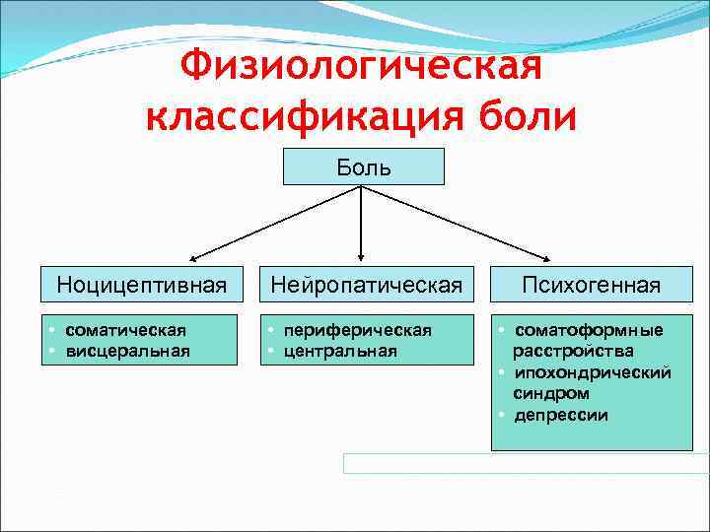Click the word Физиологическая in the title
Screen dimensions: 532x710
click(x=362, y=68)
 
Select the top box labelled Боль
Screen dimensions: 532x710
click(x=364, y=166)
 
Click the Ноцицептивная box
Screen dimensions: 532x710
click(x=142, y=286)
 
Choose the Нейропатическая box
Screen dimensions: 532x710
click(x=366, y=286)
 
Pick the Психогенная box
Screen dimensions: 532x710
click(x=591, y=286)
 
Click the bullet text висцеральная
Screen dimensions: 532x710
click(x=127, y=350)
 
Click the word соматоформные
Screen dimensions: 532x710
click(x=589, y=330)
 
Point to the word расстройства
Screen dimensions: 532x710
click(x=573, y=351)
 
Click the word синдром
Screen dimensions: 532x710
click(x=545, y=393)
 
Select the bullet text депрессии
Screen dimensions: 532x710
click(x=560, y=415)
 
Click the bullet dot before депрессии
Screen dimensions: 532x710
click(x=502, y=415)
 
